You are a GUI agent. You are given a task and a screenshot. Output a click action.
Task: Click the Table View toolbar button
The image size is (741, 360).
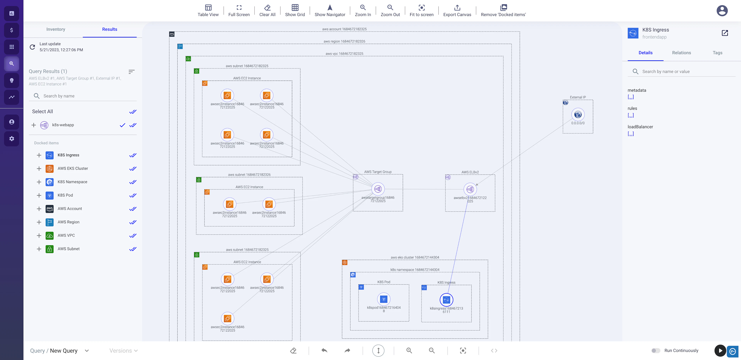[208, 10]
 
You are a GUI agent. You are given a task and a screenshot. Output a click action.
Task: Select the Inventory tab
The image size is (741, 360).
[56, 29]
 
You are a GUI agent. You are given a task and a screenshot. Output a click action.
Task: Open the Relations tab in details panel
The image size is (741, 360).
[681, 53]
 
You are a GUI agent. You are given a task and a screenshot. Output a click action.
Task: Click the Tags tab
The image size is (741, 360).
[717, 53]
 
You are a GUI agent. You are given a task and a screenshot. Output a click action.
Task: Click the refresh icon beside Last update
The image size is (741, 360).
[32, 47]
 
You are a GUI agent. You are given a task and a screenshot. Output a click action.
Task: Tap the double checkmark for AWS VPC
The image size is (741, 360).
[133, 235]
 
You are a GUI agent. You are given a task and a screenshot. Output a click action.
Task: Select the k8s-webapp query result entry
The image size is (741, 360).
[63, 125]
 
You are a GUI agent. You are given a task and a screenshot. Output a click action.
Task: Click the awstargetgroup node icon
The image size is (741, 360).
[378, 189]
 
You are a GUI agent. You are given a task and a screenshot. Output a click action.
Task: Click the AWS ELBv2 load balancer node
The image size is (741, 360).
[470, 189]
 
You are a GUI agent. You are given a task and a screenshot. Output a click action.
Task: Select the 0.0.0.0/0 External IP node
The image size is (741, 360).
[578, 115]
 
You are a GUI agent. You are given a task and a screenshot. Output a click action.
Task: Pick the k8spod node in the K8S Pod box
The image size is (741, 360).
[383, 299]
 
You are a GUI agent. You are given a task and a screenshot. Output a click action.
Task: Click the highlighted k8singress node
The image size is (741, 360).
[446, 300]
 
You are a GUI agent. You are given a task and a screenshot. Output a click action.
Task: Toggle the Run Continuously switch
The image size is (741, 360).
[656, 351]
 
